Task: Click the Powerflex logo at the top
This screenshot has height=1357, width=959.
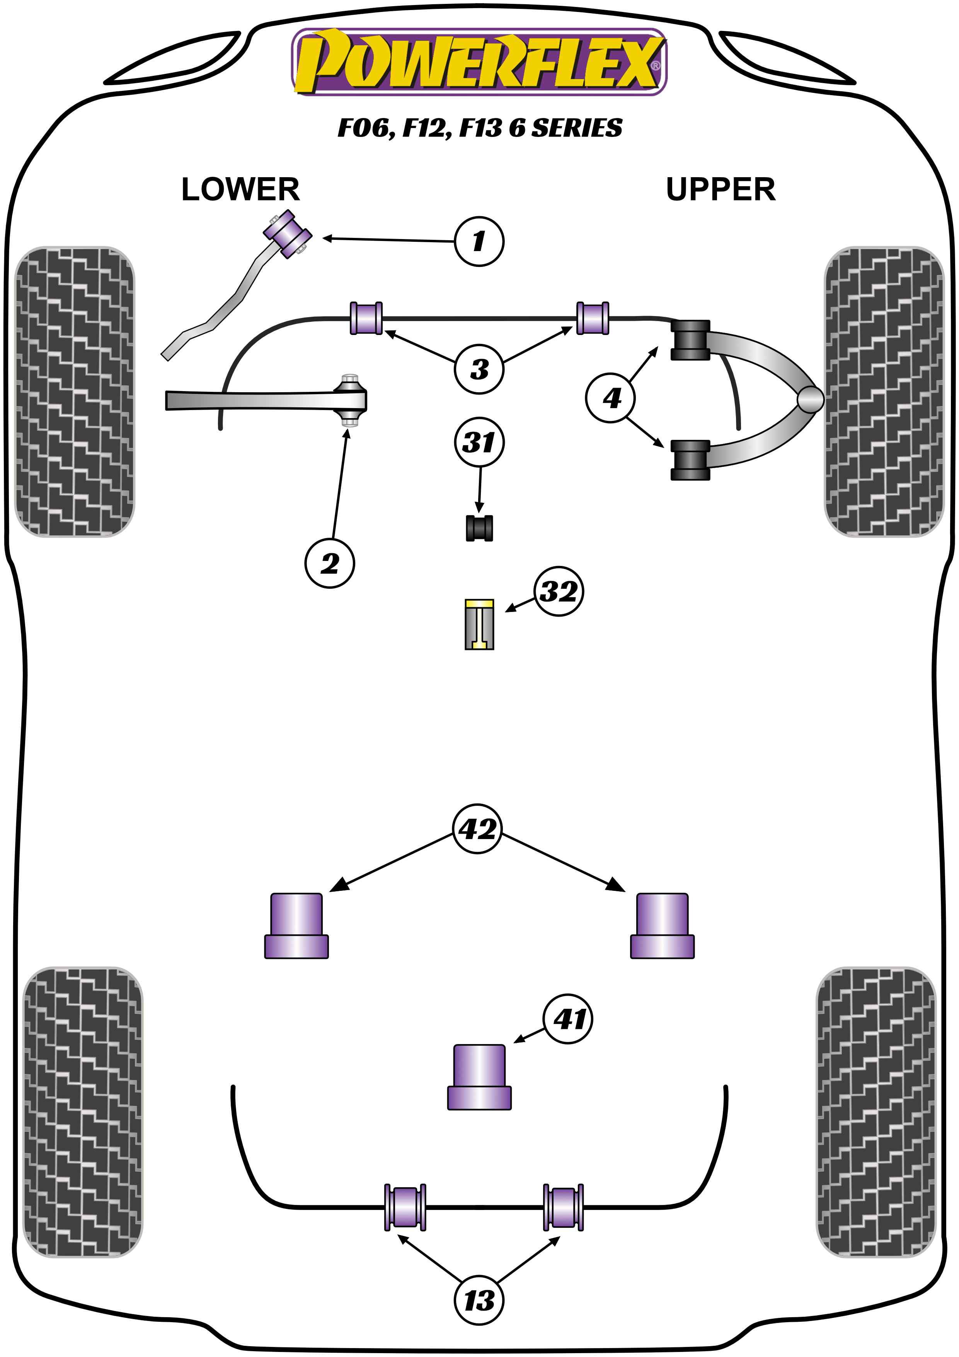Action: click(479, 62)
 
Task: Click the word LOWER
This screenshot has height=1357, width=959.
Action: click(240, 190)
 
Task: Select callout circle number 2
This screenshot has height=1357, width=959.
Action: click(329, 563)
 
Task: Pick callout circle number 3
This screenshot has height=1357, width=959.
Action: click(479, 369)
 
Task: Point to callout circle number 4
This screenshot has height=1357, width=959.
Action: click(611, 398)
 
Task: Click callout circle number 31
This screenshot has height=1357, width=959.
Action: click(479, 442)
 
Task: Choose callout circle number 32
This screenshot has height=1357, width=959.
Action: click(559, 591)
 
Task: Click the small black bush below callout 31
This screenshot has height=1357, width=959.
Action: click(479, 528)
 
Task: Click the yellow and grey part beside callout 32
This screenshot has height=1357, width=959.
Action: click(479, 624)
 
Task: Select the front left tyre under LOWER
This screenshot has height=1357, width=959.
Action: click(74, 391)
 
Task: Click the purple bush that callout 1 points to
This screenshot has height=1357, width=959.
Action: click(288, 234)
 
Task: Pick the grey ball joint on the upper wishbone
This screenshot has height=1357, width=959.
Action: click(809, 400)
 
